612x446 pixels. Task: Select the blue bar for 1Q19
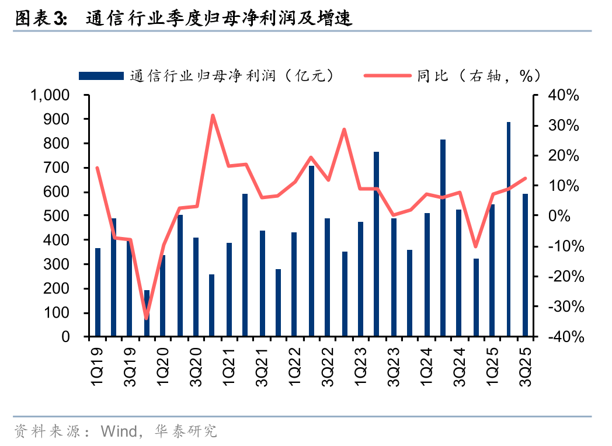tap(98, 292)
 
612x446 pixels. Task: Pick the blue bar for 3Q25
tap(525, 265)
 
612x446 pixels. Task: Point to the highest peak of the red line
tap(213, 115)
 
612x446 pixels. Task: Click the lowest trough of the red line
tap(147, 318)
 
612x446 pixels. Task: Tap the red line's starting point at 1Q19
tap(97, 168)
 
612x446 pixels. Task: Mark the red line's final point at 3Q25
tap(525, 179)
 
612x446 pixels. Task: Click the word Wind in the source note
tap(119, 431)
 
